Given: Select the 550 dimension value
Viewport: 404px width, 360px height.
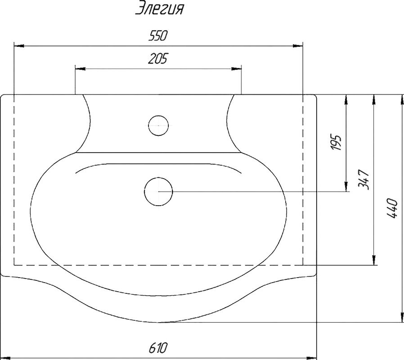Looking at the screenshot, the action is point(157,36).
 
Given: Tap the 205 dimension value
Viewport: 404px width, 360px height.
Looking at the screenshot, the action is point(157,58).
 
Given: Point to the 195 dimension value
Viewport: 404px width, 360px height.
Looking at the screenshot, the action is point(337,142).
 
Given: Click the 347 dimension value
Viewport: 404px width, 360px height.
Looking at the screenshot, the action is point(364,180).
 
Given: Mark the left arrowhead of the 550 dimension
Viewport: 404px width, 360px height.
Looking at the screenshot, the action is point(19,46).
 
